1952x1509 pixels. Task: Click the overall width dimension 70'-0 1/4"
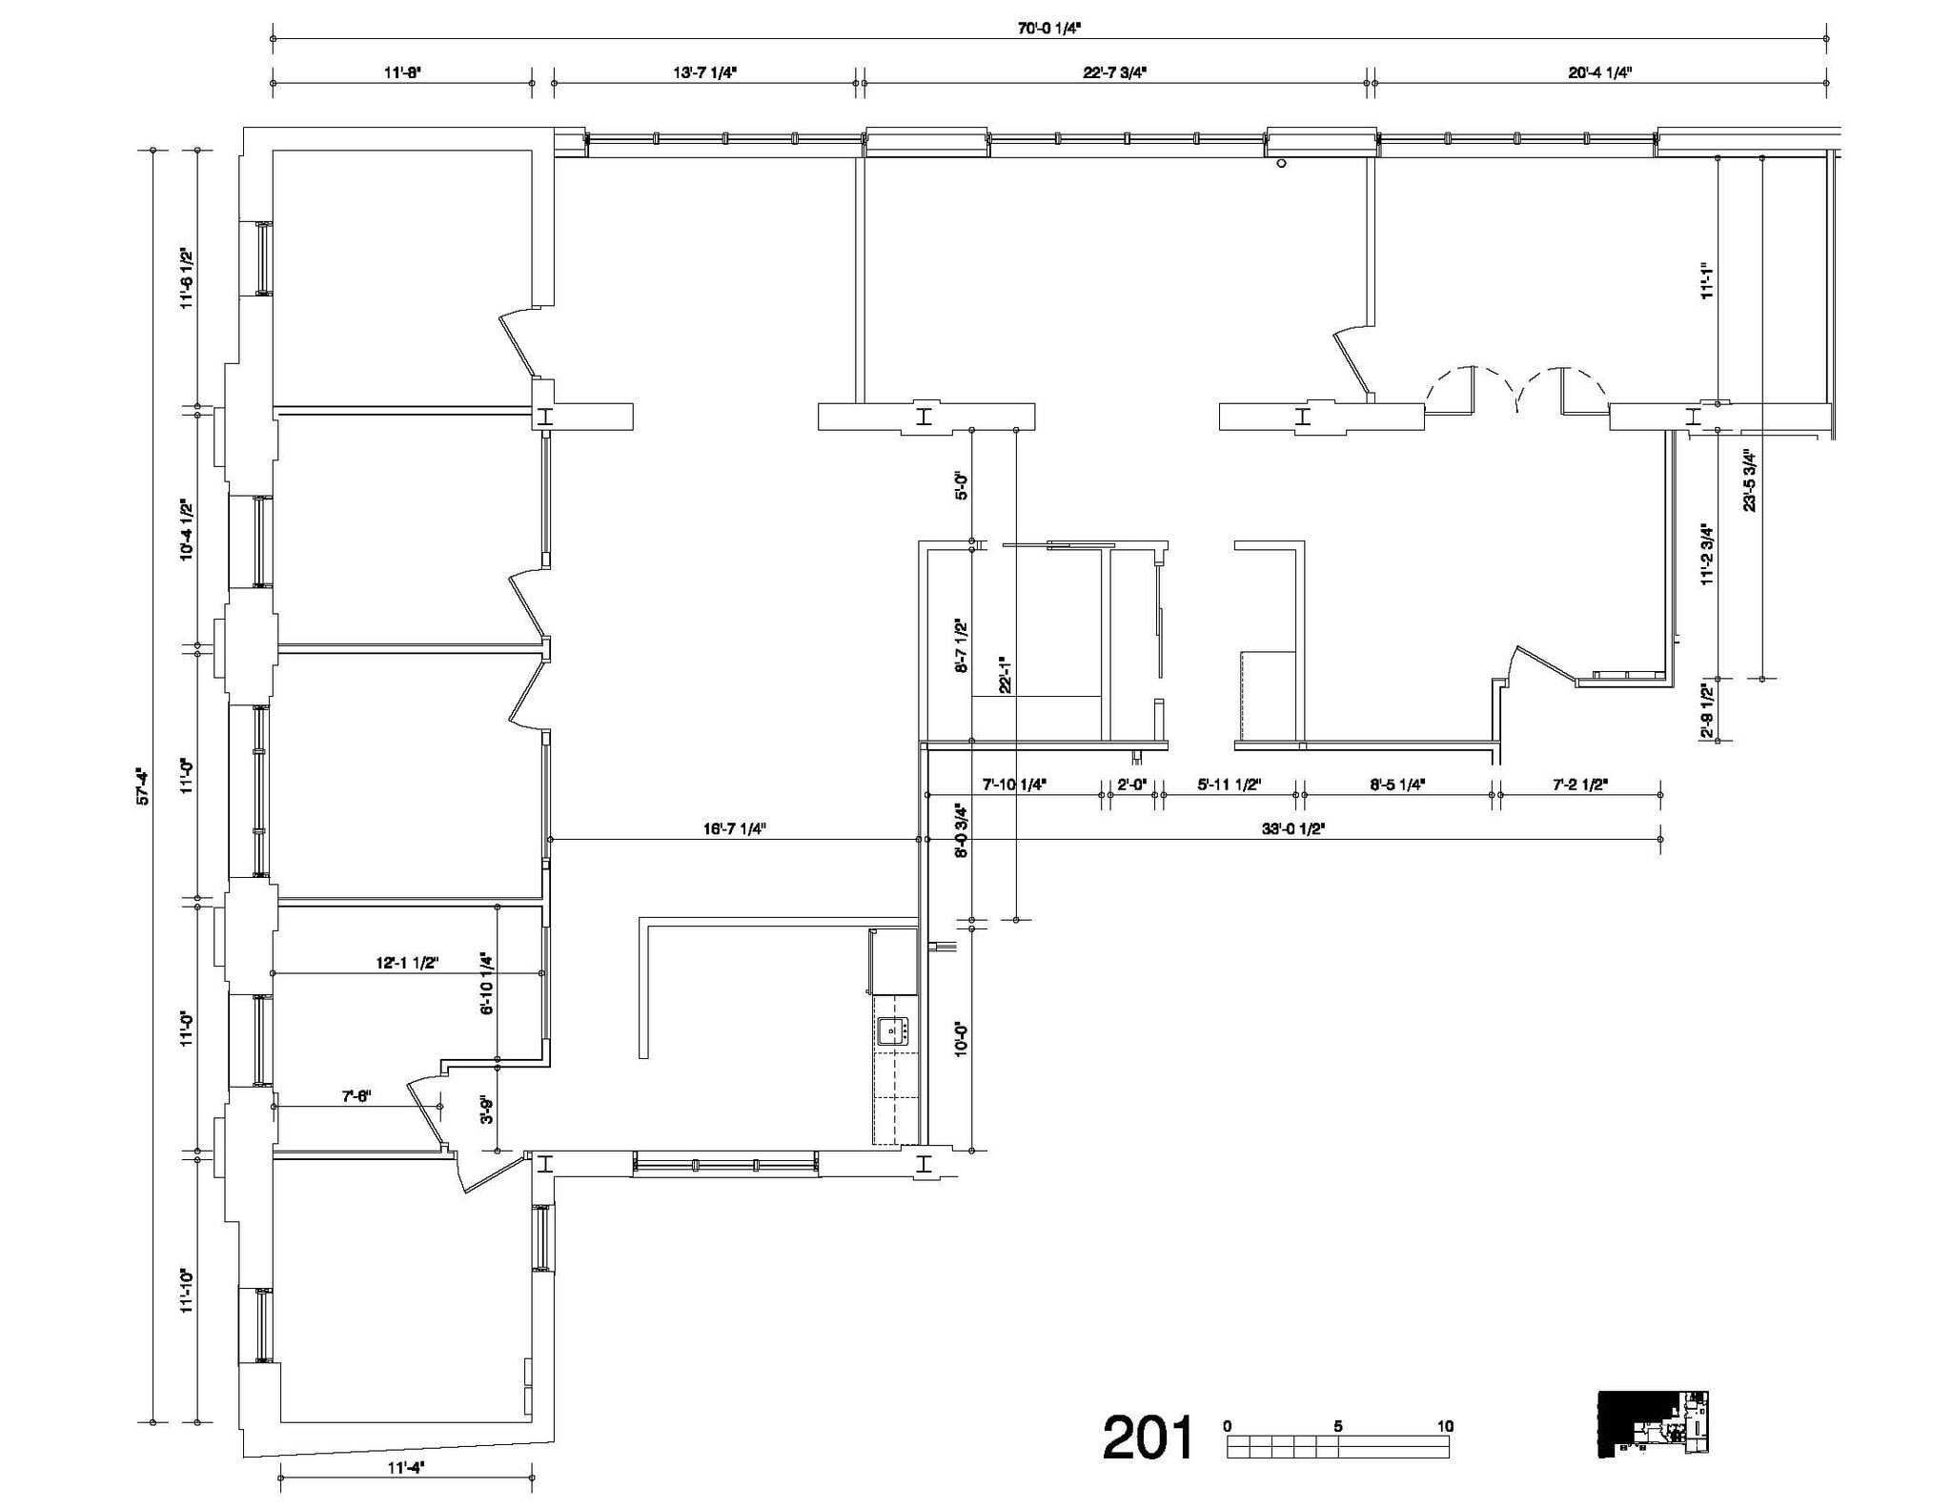point(1048,28)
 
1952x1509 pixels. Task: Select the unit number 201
point(1148,1438)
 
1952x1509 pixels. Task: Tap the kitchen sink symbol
point(893,1030)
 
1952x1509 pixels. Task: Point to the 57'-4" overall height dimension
point(143,786)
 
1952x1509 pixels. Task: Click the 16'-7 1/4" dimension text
point(734,829)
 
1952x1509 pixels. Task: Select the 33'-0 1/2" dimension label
point(1293,829)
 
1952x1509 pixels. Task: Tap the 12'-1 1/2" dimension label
point(407,963)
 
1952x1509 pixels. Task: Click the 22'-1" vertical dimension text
point(1004,673)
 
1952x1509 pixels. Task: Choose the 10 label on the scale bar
point(1445,1426)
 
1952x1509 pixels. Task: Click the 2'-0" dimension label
point(1130,785)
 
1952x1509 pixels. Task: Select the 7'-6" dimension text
point(356,1096)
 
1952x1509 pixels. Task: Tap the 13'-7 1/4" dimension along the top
point(704,72)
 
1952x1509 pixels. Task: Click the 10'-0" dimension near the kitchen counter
point(962,1038)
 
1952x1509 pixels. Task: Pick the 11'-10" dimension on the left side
point(187,1291)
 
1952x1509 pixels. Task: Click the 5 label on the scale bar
point(1337,1426)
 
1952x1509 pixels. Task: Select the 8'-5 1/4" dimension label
point(1396,785)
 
